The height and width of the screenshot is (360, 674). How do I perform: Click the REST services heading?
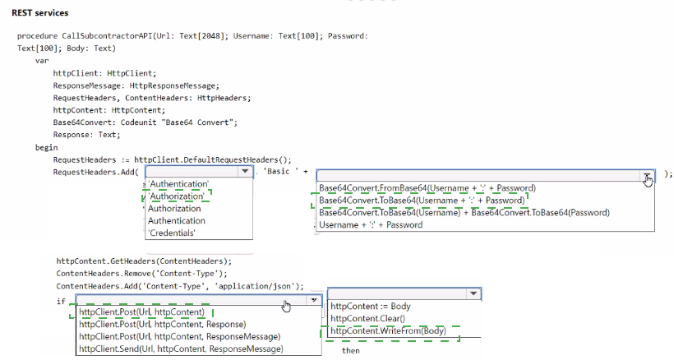click(40, 13)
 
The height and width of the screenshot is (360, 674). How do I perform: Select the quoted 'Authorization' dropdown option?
click(176, 196)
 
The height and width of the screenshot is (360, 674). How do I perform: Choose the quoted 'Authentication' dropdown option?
click(178, 184)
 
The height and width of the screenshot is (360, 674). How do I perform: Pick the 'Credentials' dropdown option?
click(172, 233)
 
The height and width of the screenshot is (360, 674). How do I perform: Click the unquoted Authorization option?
click(174, 208)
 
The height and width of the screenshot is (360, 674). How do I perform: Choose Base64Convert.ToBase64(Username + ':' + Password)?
click(422, 201)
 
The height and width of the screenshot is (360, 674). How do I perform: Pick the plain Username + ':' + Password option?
click(371, 224)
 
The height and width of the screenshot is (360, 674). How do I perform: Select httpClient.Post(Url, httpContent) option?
click(142, 312)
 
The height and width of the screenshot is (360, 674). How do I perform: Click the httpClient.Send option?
click(181, 348)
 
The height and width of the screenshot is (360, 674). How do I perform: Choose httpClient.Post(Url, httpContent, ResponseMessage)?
click(180, 336)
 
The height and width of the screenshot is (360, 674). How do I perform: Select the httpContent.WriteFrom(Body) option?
click(388, 330)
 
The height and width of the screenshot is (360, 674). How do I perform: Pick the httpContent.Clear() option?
click(367, 318)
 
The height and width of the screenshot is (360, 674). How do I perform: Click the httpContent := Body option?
click(371, 307)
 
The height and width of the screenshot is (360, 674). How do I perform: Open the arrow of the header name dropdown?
click(245, 172)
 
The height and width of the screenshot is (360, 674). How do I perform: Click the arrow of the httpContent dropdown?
click(473, 293)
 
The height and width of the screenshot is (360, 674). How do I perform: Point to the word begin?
click(46, 147)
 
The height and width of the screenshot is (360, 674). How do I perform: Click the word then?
click(351, 351)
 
